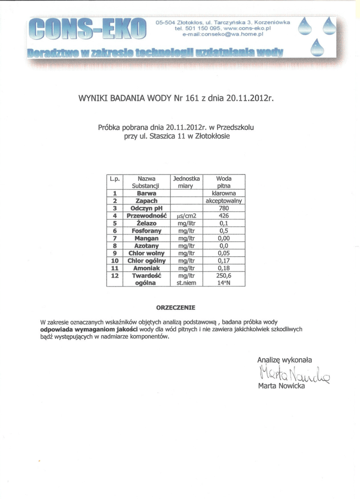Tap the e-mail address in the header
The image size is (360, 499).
[x=223, y=35]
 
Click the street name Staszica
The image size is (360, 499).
[x=163, y=136]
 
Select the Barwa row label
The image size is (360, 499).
[x=146, y=193]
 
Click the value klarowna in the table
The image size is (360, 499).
[x=224, y=193]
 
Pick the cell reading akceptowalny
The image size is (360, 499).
[x=224, y=200]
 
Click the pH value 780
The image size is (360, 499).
[x=224, y=208]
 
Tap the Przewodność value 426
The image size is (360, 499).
[x=224, y=215]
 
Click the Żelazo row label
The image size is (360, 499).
[x=146, y=223]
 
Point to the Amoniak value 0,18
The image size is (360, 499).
[x=224, y=268]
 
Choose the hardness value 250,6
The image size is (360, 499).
[x=224, y=275]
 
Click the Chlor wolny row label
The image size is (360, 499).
[x=146, y=253]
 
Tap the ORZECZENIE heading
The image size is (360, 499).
[x=175, y=308]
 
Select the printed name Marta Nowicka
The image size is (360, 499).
[x=281, y=386]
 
